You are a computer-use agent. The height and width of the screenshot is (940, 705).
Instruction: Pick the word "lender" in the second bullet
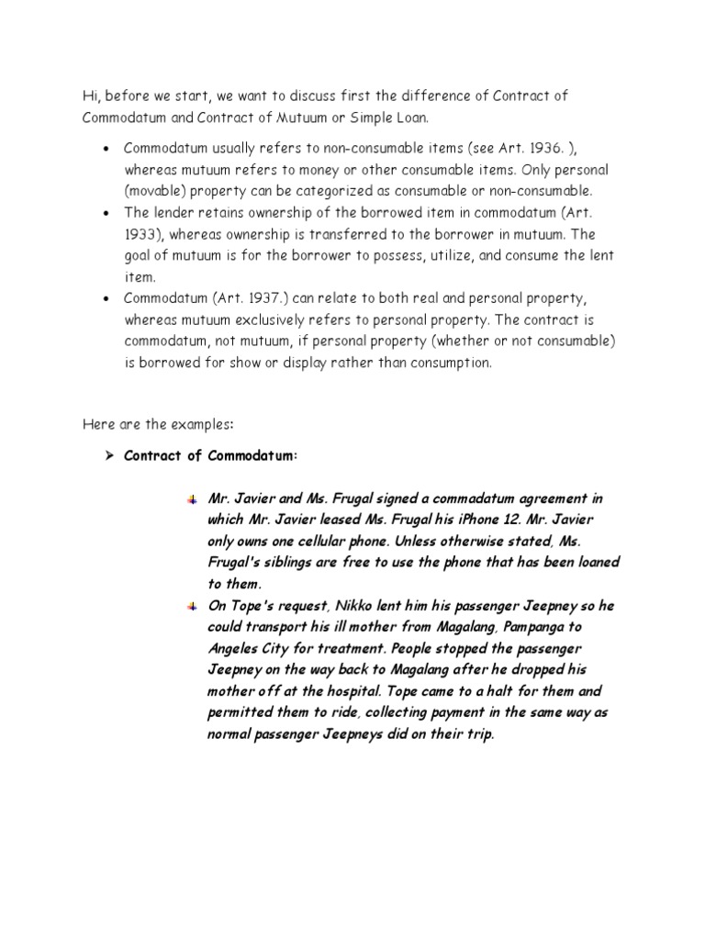172,212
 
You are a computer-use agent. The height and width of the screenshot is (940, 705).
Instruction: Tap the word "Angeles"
235,647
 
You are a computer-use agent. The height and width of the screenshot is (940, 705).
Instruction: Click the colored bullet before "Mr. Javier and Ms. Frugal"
192,499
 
